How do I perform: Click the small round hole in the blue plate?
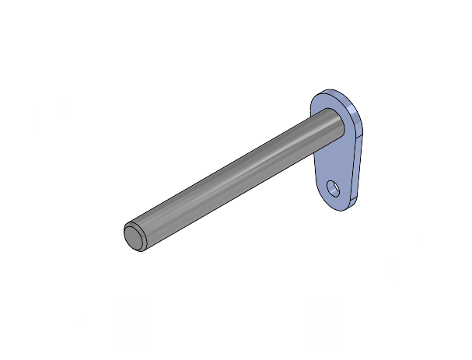coord(333,188)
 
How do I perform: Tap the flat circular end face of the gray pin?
coord(134,237)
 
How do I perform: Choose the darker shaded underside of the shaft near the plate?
coord(311,152)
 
